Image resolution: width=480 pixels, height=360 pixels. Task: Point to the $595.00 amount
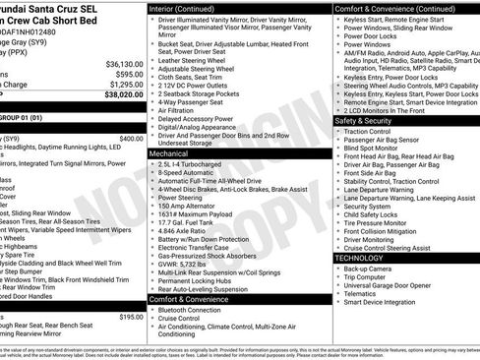click(127, 74)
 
